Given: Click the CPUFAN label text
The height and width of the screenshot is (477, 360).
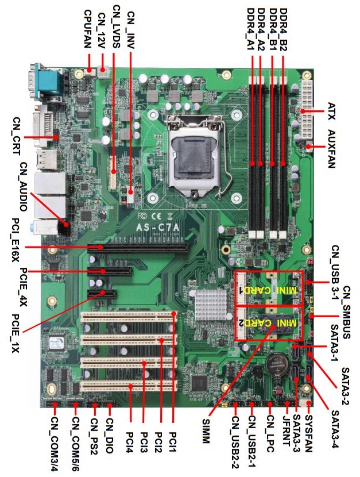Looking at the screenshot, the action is [x=88, y=29].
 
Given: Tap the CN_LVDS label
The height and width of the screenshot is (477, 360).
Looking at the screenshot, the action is [x=117, y=26].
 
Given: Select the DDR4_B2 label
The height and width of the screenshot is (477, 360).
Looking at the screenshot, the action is [x=283, y=29].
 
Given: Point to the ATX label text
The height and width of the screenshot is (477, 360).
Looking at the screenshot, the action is [x=332, y=111].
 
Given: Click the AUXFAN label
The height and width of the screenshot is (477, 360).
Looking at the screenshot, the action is [x=332, y=149].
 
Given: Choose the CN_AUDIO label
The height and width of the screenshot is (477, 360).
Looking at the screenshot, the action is [x=24, y=186].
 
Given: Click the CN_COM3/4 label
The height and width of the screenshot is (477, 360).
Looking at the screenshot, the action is [x=55, y=444].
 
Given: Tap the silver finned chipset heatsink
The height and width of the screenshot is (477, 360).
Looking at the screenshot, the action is [x=211, y=305].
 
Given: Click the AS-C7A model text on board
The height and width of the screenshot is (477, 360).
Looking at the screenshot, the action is [x=158, y=227].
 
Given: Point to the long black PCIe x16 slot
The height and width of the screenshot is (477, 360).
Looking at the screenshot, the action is [x=138, y=248].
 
